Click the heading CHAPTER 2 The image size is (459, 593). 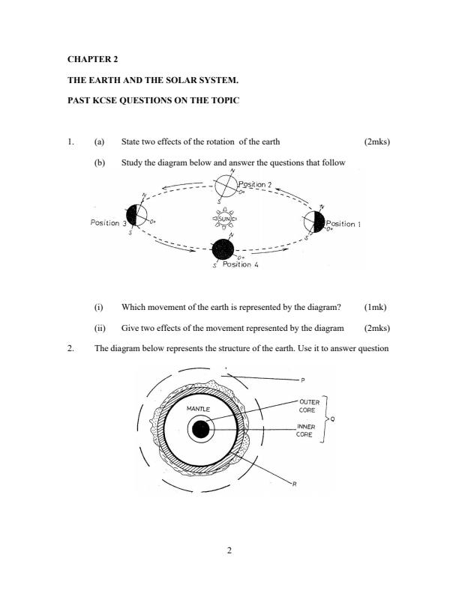(92, 58)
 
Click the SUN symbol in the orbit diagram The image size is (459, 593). (223, 220)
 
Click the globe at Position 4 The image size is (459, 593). (223, 249)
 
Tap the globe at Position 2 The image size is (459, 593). (226, 187)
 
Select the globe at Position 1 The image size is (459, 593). (314, 222)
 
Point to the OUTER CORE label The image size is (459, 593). (309, 406)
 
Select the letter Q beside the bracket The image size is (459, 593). (332, 419)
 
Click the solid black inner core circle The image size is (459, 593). (200, 430)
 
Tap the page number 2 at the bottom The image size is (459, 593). (229, 552)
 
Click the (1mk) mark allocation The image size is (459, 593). (375, 307)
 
